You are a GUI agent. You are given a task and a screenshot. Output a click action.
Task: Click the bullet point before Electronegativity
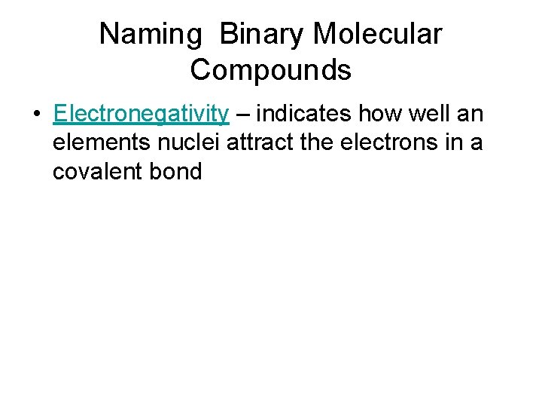tap(36, 115)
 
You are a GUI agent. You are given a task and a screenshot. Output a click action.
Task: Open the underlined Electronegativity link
tap(142, 115)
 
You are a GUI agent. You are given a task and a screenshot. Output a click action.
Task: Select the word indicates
tap(306, 114)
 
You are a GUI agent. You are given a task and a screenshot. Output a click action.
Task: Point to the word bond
tap(177, 172)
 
